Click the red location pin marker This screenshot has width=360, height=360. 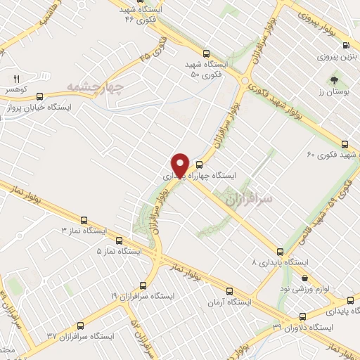[180, 165]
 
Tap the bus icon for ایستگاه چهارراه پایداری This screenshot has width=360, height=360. [207, 165]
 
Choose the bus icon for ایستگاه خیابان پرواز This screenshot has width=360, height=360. [39, 96]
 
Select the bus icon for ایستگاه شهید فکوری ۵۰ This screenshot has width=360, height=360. [205, 53]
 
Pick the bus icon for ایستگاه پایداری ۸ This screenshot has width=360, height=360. [281, 250]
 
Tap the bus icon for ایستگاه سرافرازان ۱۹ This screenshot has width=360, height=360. [143, 285]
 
